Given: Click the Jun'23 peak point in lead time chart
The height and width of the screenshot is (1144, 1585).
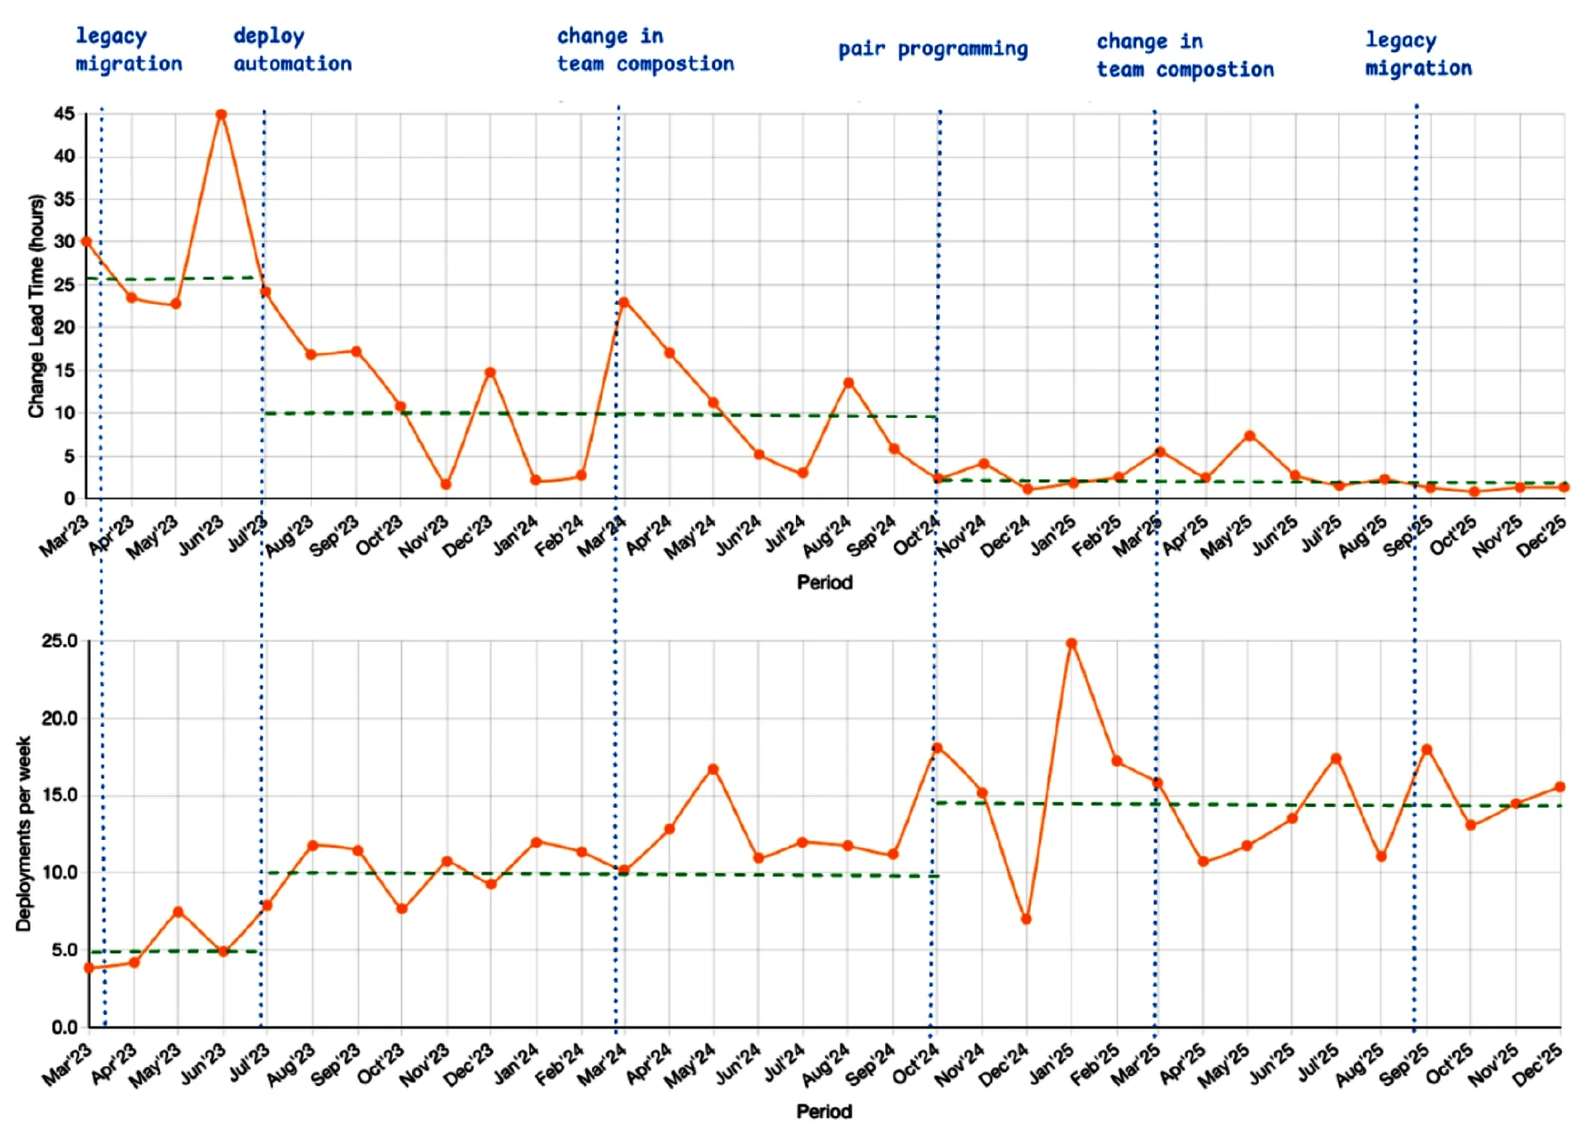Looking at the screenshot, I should click(x=221, y=115).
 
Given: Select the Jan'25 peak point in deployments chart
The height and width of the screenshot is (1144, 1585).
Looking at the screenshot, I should click(x=1072, y=643).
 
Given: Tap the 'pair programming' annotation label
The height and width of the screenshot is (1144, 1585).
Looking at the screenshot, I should click(x=933, y=50).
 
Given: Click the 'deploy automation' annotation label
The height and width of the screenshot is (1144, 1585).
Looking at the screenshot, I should click(x=292, y=50).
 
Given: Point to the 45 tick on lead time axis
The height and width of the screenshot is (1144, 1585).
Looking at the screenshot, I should click(x=64, y=114).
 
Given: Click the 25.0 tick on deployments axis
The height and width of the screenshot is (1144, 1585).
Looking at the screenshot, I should click(x=59, y=641).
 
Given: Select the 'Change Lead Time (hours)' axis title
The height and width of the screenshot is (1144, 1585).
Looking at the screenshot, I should click(x=35, y=306).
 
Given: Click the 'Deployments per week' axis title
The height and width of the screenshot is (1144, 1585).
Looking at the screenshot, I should click(x=24, y=834).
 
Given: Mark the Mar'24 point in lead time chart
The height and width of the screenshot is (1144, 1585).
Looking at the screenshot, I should click(x=624, y=302).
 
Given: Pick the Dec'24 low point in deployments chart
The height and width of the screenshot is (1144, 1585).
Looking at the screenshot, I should click(x=1026, y=919).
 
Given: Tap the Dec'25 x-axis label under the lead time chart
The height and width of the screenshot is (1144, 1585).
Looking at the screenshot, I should click(x=1540, y=536).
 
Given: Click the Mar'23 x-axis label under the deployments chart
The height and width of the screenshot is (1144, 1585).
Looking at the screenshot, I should click(x=67, y=1065).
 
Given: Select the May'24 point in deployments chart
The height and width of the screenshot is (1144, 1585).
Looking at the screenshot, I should click(x=713, y=769).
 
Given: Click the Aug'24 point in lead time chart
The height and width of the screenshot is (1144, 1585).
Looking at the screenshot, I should click(x=849, y=382).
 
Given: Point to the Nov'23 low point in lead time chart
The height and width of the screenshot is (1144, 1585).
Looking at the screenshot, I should click(x=446, y=485).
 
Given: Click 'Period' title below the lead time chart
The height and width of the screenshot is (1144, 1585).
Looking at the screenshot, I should click(x=824, y=582).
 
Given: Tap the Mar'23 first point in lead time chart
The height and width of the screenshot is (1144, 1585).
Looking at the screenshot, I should click(x=86, y=241).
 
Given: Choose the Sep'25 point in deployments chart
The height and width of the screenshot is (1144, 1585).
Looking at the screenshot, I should click(x=1426, y=750).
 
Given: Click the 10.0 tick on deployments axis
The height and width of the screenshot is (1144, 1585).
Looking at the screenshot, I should click(x=59, y=872).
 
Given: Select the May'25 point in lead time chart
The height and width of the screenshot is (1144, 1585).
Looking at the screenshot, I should click(x=1250, y=436).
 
